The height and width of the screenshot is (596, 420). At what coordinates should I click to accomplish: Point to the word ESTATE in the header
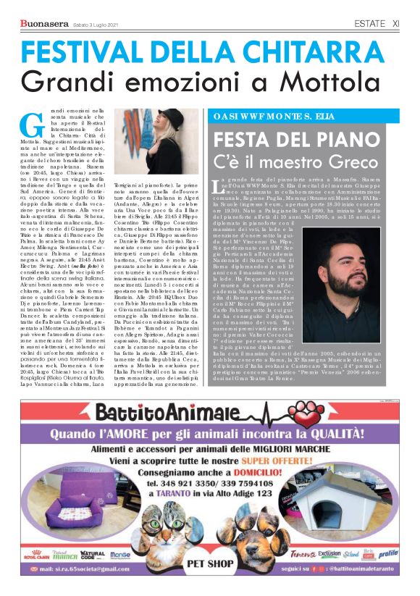pos(369,24)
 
